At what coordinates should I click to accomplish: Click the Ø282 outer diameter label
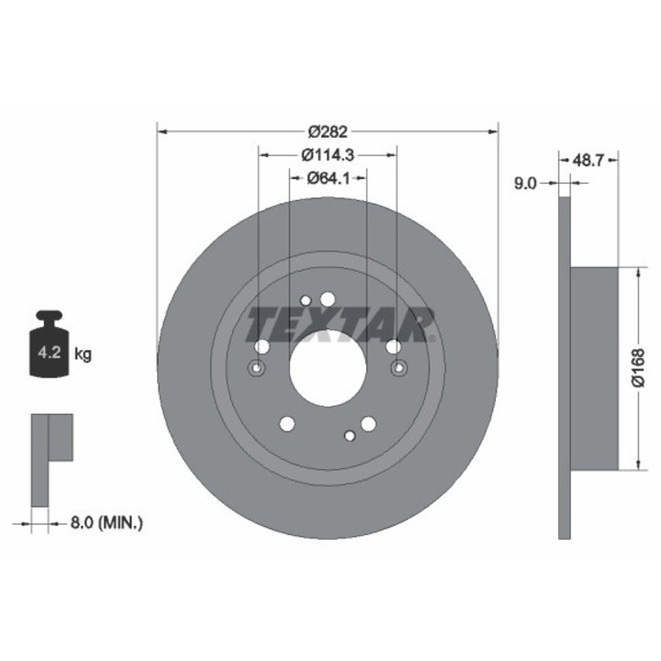tap(328, 132)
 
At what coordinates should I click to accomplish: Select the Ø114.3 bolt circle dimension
tap(328, 155)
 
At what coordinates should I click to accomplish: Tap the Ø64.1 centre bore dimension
tap(329, 179)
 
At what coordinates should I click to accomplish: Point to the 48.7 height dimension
tap(588, 160)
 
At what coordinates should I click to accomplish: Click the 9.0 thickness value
tap(525, 184)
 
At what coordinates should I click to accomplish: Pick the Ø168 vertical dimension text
tap(639, 367)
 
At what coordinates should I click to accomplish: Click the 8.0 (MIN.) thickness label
tap(106, 523)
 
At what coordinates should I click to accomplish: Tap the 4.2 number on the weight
tap(50, 353)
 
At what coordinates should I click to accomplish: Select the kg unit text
tap(83, 354)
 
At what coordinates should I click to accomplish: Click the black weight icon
tap(49, 343)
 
